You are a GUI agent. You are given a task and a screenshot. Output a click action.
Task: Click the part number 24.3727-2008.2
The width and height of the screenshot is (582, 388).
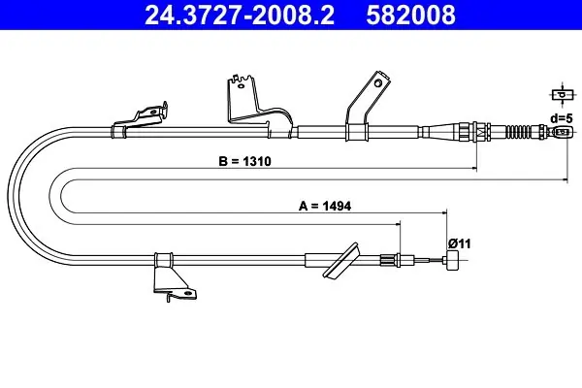click(x=240, y=15)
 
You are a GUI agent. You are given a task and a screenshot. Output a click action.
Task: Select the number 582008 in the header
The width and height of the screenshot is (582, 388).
click(x=410, y=15)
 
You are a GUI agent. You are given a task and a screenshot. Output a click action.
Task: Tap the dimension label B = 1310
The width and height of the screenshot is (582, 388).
click(x=245, y=162)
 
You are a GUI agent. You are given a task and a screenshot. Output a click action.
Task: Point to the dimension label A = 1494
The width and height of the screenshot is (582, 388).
click(x=325, y=206)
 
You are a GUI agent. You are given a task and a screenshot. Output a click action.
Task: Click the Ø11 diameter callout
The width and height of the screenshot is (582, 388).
click(x=459, y=243)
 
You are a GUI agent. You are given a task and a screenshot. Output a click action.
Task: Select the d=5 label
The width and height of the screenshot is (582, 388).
click(x=562, y=118)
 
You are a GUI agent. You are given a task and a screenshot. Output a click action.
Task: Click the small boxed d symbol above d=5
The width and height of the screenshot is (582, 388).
click(x=563, y=95)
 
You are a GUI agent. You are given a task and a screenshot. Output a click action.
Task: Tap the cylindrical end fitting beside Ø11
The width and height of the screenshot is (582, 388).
click(x=452, y=261)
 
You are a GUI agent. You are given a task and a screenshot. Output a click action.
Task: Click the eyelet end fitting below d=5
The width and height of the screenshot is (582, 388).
click(x=562, y=132)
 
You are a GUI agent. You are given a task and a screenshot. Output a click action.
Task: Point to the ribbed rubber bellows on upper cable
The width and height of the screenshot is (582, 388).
click(x=519, y=132)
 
